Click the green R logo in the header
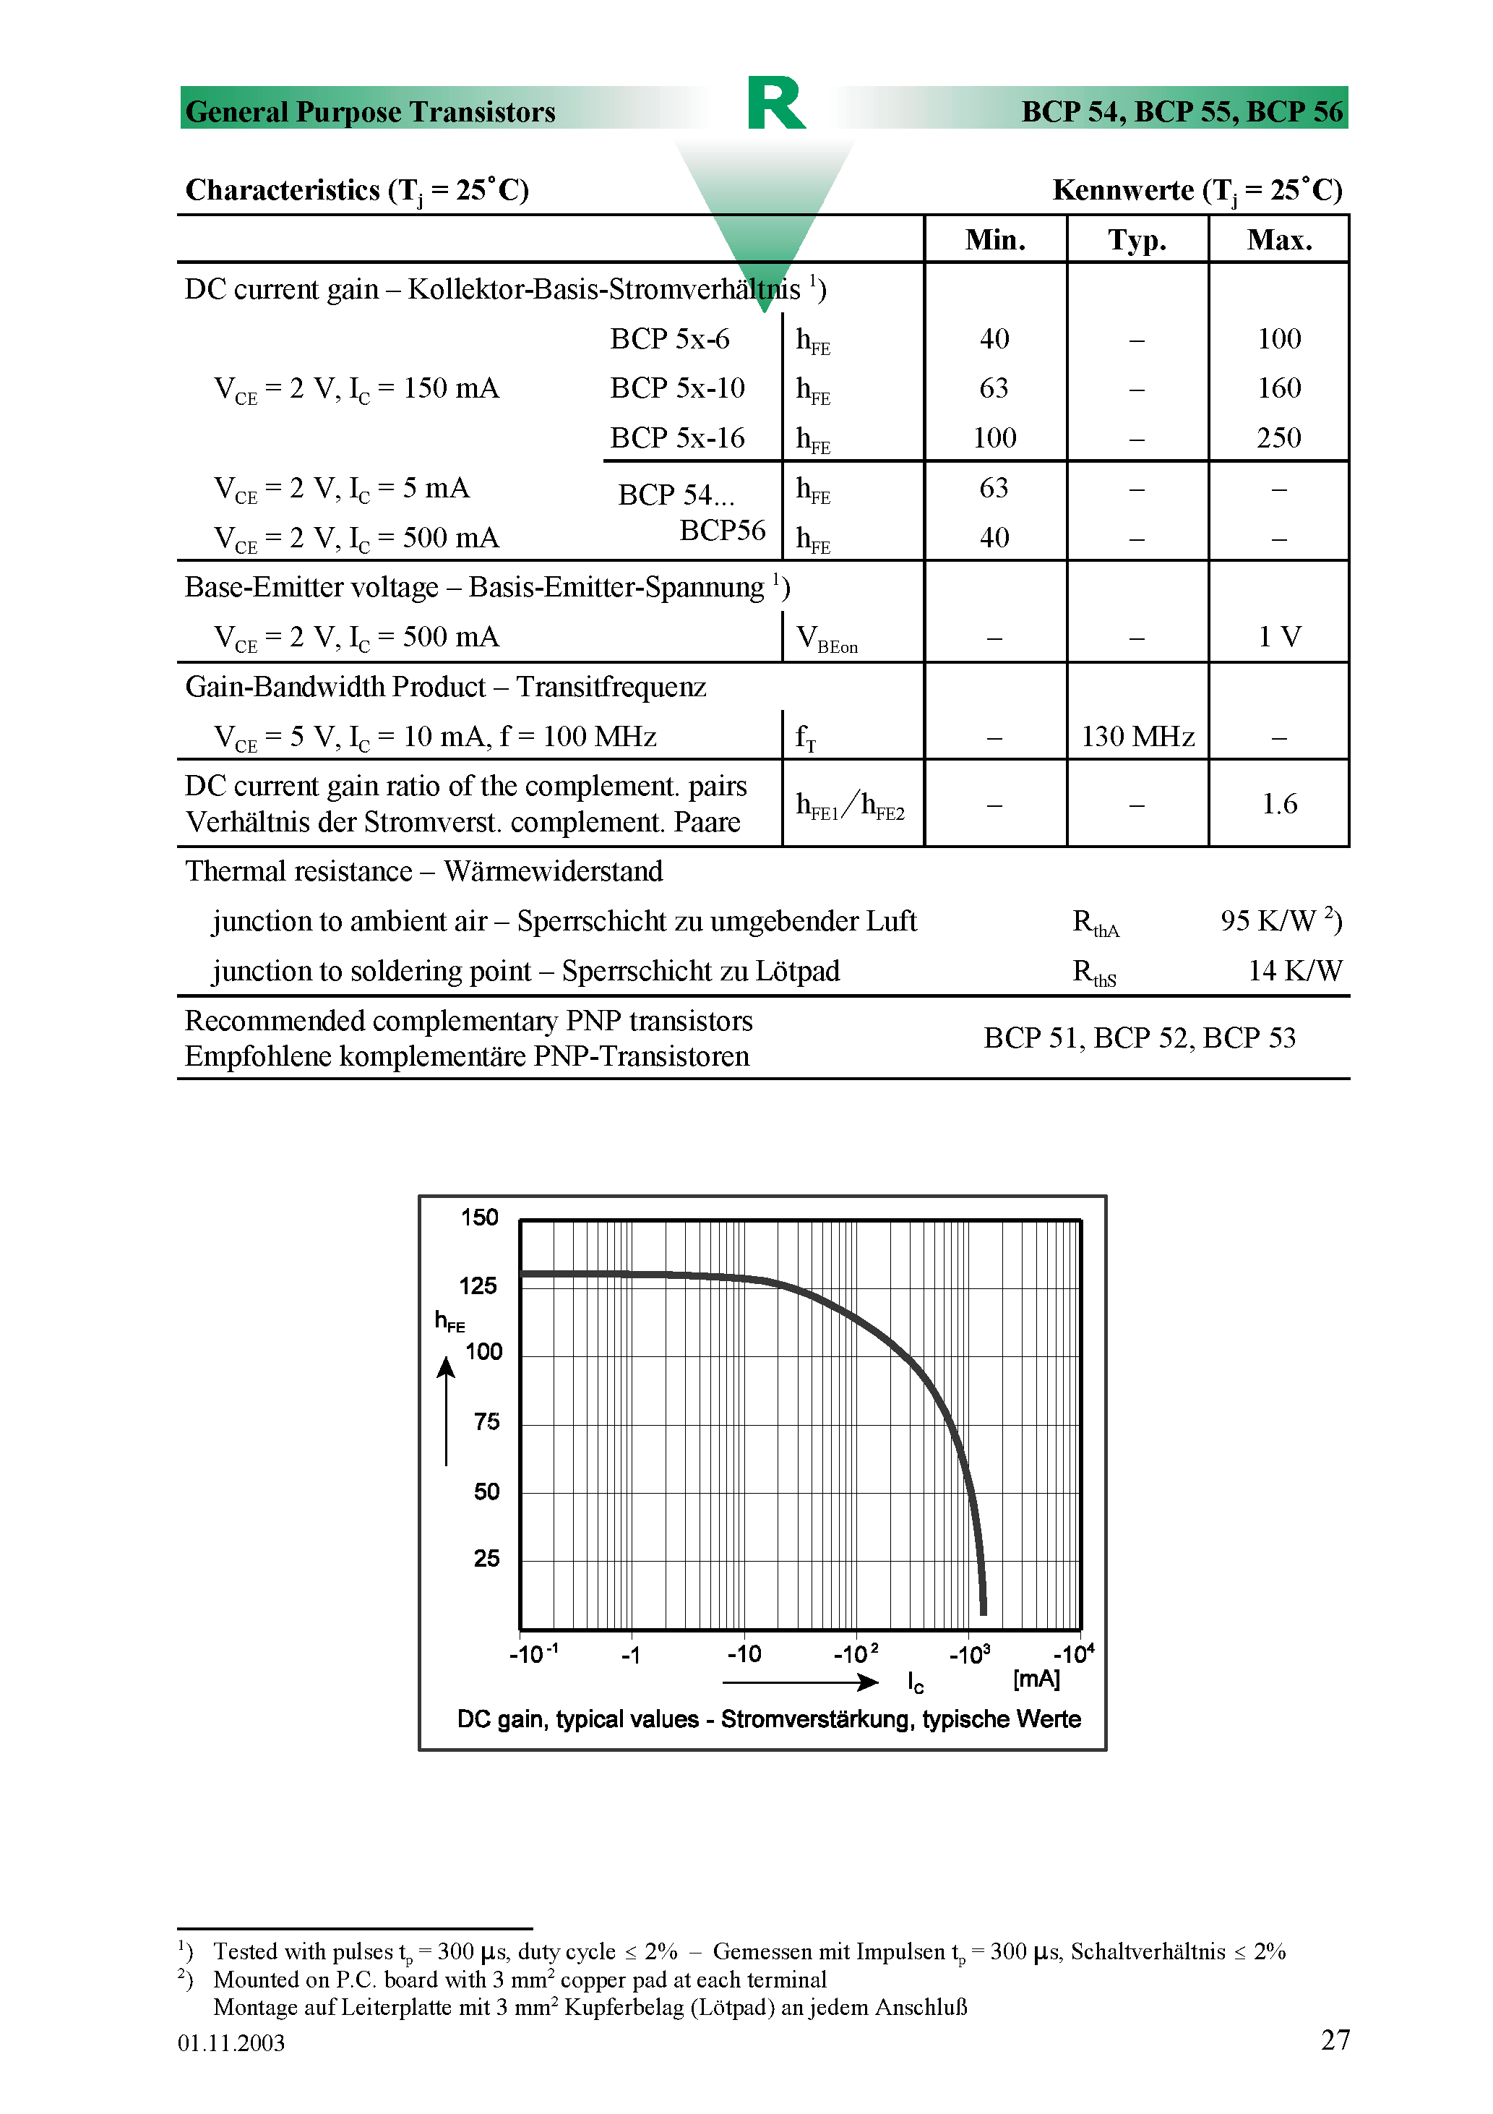(x=776, y=103)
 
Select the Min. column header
(x=995, y=240)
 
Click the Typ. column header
(x=1137, y=240)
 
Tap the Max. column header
(x=1278, y=240)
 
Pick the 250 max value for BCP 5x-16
(x=1278, y=437)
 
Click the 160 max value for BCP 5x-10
(x=1278, y=388)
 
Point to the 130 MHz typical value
(x=1137, y=737)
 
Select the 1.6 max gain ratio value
(x=1278, y=804)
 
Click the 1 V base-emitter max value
(x=1278, y=637)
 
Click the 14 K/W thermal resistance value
(x=1294, y=970)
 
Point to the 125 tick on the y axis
(x=478, y=1285)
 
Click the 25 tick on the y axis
(x=486, y=1558)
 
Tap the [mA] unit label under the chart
(x=1036, y=1679)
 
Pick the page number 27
(x=1335, y=2040)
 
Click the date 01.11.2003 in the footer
(x=231, y=2043)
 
